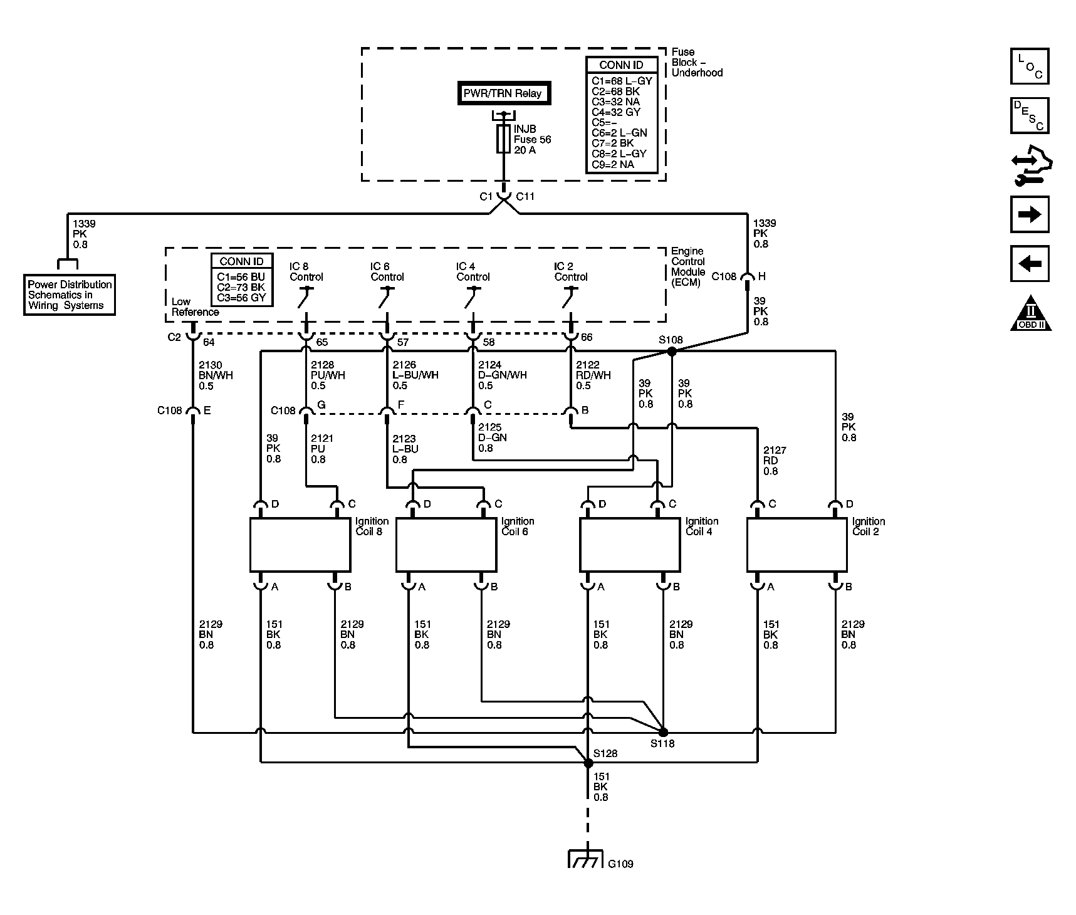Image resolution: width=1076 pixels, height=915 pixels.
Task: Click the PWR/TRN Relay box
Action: tap(503, 93)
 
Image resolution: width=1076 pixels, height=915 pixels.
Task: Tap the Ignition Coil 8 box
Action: tap(300, 545)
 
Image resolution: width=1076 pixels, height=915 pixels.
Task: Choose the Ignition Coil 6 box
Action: tap(446, 545)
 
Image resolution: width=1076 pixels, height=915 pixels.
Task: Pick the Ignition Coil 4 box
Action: tap(630, 545)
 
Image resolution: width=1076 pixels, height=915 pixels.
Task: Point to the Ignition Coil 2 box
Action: tap(797, 545)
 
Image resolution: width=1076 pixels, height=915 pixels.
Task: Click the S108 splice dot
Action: tap(672, 352)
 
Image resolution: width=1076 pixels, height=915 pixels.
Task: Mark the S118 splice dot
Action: tap(663, 731)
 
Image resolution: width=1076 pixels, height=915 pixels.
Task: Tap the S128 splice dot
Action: tap(588, 763)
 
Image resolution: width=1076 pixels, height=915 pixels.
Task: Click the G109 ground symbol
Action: tap(585, 858)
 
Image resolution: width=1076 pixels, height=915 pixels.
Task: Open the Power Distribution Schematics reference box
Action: tap(70, 295)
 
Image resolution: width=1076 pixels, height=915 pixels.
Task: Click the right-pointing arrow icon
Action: tap(1030, 215)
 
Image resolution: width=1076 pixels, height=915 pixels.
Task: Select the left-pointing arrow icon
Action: tap(1030, 264)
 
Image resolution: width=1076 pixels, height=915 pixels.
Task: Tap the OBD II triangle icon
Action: tap(1031, 313)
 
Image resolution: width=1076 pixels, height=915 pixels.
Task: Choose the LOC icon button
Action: tap(1030, 66)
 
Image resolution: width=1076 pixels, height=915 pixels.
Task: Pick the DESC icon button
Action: tap(1030, 115)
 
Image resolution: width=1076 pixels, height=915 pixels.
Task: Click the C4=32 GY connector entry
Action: tap(616, 112)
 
